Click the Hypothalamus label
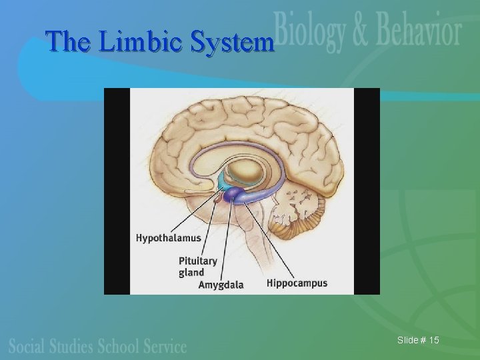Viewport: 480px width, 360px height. pyautogui.click(x=168, y=238)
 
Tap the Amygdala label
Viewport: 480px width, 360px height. pyautogui.click(x=221, y=285)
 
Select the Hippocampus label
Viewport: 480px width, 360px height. pyautogui.click(x=297, y=283)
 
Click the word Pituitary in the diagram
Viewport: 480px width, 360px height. pyautogui.click(x=198, y=261)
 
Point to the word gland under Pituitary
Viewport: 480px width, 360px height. pyautogui.click(x=191, y=272)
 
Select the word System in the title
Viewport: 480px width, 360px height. pyautogui.click(x=231, y=42)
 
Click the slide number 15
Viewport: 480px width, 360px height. pyautogui.click(x=433, y=341)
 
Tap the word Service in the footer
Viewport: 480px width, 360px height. pyautogui.click(x=163, y=346)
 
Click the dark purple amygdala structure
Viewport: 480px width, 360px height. pyautogui.click(x=233, y=195)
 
